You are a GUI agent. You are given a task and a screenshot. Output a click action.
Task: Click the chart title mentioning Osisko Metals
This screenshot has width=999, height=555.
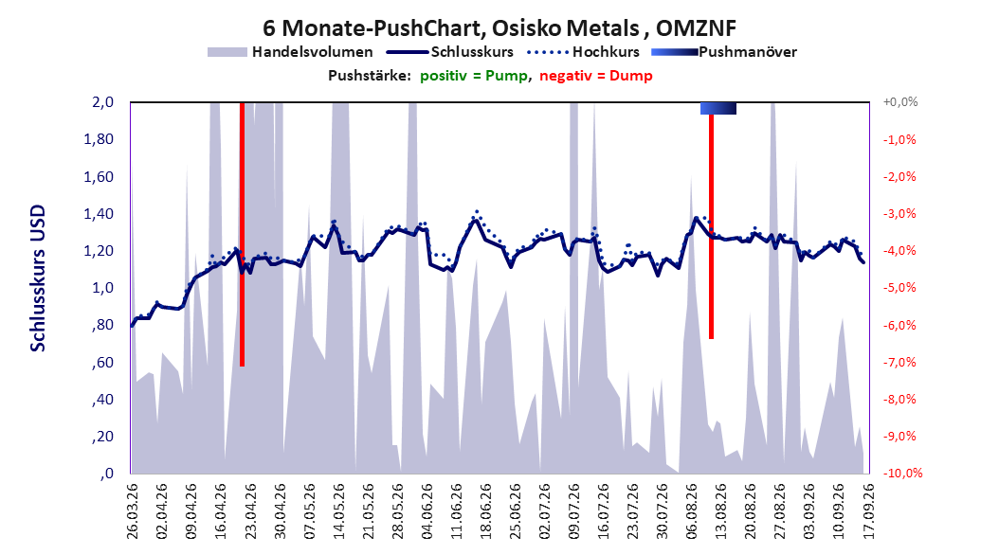(499, 28)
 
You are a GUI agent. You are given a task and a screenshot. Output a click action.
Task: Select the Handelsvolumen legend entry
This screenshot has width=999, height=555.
(290, 52)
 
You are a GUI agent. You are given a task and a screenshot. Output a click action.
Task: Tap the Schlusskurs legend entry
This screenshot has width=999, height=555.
(450, 52)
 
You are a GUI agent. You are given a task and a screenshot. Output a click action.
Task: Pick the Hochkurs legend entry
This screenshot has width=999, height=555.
(584, 52)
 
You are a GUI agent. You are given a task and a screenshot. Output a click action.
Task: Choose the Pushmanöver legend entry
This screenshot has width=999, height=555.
(724, 52)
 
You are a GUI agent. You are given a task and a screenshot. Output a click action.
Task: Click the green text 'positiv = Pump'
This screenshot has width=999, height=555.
(474, 76)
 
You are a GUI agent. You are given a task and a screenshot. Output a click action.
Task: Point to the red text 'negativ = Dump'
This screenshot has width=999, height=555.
(596, 76)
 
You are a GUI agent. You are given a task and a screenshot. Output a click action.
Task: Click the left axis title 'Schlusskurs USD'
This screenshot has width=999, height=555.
(38, 278)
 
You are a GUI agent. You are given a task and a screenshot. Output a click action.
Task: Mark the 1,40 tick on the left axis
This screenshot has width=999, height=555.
(99, 214)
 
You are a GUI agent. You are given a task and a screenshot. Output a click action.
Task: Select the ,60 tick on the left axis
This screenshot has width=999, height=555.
(102, 362)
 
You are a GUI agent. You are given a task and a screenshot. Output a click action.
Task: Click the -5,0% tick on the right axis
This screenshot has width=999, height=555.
(899, 288)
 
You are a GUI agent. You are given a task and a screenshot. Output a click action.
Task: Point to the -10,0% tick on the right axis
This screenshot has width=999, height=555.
(902, 473)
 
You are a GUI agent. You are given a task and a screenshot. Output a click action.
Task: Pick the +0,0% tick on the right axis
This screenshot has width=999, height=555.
(900, 102)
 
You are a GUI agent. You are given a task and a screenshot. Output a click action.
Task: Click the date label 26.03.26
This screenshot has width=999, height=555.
(132, 511)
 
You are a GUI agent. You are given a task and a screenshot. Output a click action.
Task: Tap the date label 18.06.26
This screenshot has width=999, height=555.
(485, 511)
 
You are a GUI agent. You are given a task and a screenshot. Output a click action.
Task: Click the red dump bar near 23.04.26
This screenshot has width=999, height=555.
(242, 234)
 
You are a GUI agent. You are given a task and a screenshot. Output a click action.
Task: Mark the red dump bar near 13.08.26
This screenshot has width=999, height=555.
(711, 226)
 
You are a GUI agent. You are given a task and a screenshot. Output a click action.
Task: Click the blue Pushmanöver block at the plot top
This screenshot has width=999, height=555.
(718, 108)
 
